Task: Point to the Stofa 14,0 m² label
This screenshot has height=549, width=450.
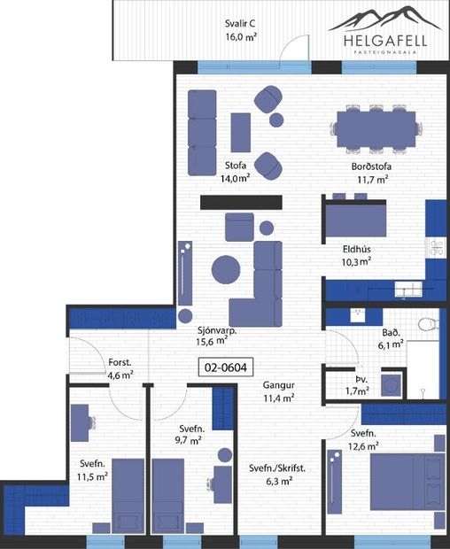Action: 236,171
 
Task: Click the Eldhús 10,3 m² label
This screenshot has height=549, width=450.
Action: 356,255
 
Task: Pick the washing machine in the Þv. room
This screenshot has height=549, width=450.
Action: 390,383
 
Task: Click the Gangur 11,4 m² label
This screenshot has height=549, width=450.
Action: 278,392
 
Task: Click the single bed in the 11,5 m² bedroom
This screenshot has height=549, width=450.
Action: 126,497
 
